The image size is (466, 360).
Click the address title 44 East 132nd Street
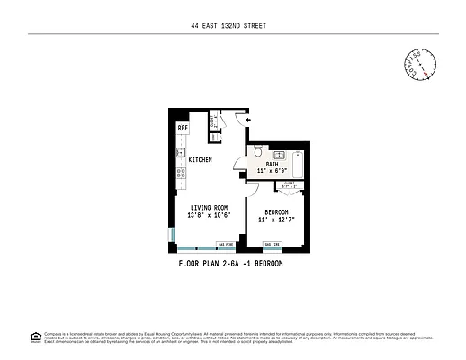pyautogui.click(x=232, y=25)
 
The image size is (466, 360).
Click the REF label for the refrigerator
pyautogui.click(x=182, y=129)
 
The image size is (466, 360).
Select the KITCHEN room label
pyautogui.click(x=200, y=160)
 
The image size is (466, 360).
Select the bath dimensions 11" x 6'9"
pyautogui.click(x=273, y=171)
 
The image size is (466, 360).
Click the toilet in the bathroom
pyautogui.click(x=255, y=150)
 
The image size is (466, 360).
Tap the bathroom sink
pyautogui.click(x=279, y=154)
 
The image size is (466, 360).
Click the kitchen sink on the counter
pyautogui.click(x=182, y=151)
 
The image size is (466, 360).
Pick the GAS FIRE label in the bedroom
pyautogui.click(x=273, y=244)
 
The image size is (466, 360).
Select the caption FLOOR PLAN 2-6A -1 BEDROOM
pyautogui.click(x=232, y=263)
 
